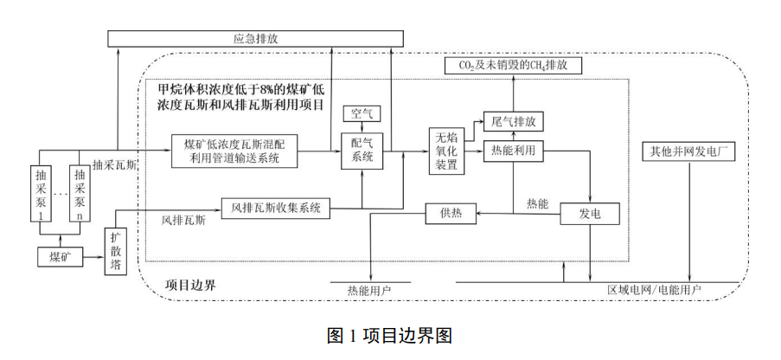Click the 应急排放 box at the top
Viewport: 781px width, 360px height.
(x=256, y=38)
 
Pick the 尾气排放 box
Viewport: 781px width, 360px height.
(x=514, y=121)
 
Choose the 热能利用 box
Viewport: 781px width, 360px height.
(x=514, y=150)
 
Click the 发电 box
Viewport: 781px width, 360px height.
(x=591, y=212)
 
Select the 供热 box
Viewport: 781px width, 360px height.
(x=451, y=212)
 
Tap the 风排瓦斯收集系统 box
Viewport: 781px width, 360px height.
(x=277, y=208)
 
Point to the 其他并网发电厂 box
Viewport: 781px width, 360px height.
(x=689, y=151)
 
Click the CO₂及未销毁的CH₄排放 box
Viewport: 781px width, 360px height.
(x=514, y=66)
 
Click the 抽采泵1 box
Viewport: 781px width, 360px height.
(x=41, y=193)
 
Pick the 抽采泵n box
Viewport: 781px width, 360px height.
(x=80, y=193)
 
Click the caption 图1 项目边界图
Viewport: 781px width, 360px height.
(x=390, y=336)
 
